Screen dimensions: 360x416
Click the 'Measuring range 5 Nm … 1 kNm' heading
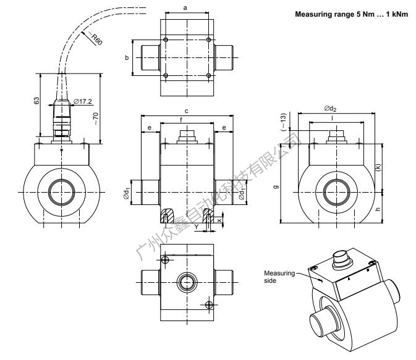tap(350, 13)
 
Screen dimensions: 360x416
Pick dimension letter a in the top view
tap(187, 6)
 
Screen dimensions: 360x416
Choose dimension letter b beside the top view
tap(127, 57)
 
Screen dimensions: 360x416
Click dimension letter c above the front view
tap(187, 112)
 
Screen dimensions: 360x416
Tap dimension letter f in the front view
tap(187, 120)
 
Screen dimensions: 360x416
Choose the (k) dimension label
tap(379, 167)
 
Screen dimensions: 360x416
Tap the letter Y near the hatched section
tap(196, 225)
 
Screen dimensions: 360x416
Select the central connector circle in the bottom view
tap(187, 283)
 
